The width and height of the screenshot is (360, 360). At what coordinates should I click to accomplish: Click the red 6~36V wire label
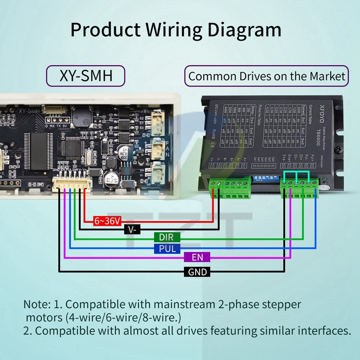pos(107,220)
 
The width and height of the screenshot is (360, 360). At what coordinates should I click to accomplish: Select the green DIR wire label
pos(166,237)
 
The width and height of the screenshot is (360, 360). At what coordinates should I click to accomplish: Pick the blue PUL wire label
pos(166,248)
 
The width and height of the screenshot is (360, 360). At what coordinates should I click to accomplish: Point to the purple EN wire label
pos(197,257)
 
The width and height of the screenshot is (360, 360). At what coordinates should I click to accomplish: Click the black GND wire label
pos(197,272)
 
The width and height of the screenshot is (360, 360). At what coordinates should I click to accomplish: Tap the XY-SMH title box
pos(85,76)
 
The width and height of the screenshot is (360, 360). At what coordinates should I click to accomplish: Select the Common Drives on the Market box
pos(267,76)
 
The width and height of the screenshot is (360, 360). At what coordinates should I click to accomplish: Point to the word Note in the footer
pos(34,304)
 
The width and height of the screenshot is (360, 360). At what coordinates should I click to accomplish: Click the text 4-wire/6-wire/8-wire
pos(122,317)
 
